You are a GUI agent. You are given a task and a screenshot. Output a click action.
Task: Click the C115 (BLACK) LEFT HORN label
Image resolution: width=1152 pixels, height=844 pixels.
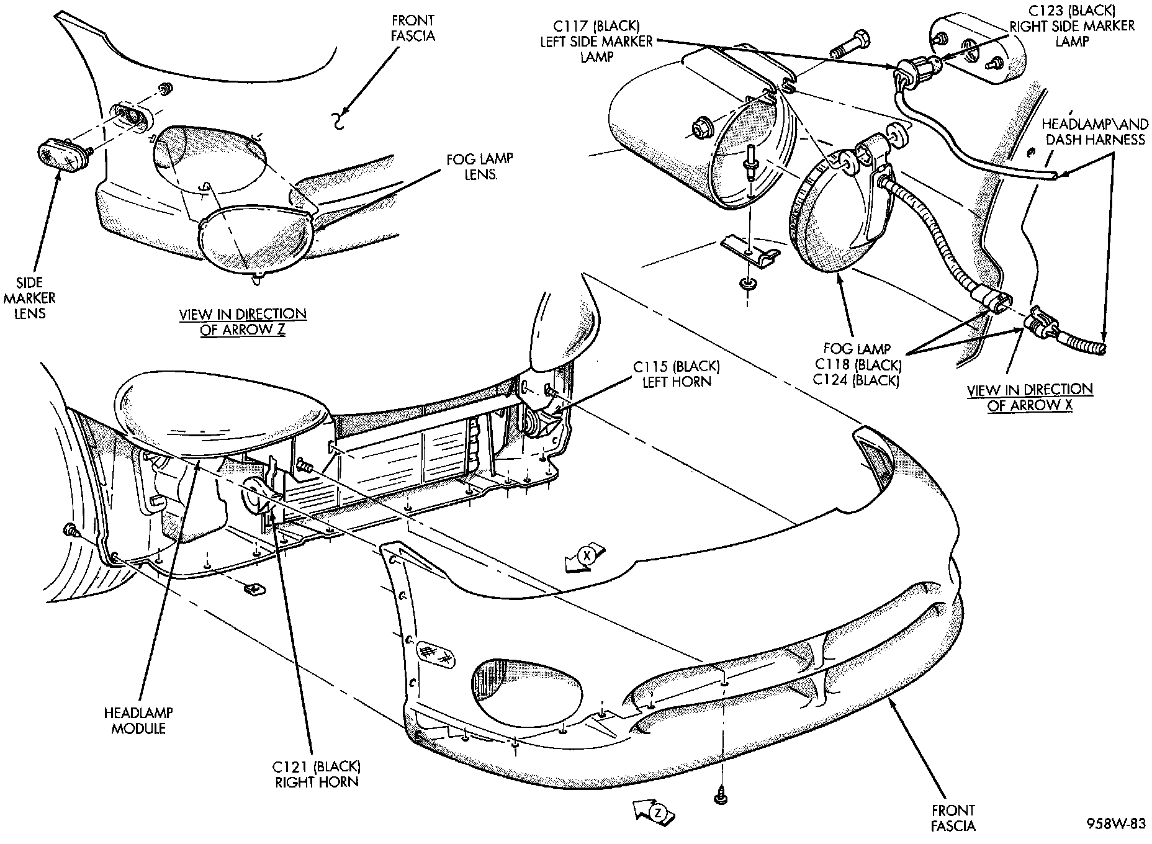676,374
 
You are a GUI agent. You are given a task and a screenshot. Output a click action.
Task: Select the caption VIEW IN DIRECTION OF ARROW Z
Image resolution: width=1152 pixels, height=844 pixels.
243,321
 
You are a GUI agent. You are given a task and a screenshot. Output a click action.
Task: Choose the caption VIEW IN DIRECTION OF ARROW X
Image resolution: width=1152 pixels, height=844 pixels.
1030,397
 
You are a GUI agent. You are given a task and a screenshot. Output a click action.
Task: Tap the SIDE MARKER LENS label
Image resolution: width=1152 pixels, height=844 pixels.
30,298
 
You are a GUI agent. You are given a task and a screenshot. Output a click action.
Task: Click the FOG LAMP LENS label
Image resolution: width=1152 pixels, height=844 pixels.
479,166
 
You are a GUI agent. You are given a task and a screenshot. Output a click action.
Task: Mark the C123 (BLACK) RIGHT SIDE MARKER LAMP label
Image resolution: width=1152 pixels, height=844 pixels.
1072,26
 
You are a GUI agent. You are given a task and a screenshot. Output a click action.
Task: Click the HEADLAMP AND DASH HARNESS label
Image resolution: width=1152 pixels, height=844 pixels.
1094,132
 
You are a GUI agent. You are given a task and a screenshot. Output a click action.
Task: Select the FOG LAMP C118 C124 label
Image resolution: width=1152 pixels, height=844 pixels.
857,364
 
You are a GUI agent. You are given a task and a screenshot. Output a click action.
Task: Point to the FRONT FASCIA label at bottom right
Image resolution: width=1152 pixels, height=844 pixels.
953,817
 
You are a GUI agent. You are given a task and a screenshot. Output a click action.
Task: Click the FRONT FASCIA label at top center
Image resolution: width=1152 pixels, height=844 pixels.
413,29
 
